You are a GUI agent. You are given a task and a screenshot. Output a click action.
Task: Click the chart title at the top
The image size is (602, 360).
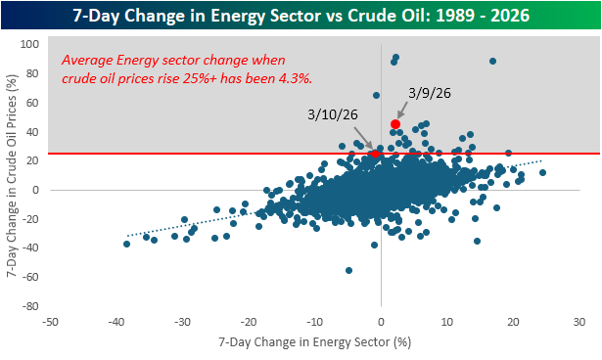pos(301,16)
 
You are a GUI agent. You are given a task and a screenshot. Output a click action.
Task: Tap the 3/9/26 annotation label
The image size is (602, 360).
pos(430,93)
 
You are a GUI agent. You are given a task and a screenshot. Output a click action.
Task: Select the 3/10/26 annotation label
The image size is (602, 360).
pos(333,114)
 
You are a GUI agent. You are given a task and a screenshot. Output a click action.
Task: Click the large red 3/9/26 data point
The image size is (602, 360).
pos(395,124)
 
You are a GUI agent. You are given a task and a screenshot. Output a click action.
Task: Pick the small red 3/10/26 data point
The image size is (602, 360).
pos(376,154)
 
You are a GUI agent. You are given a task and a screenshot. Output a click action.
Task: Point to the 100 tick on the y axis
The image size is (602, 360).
pos(29,44)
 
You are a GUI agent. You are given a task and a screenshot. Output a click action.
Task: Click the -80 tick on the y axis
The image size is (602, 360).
pos(31,306)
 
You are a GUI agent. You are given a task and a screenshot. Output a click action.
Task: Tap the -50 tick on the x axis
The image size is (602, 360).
pos(50,322)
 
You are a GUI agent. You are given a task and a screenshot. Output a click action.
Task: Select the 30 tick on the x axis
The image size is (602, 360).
pos(579,322)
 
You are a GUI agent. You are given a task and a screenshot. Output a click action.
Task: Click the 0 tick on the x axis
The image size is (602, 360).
pos(381,322)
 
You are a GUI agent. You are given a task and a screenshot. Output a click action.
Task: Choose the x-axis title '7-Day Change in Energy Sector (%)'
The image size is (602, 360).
pos(315,341)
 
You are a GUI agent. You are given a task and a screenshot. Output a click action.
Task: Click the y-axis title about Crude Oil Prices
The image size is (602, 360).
pos(13,175)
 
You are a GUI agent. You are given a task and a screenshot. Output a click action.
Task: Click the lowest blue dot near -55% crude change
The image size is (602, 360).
pos(348,271)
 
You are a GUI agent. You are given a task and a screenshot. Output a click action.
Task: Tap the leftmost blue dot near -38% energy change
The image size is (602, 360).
pos(126,245)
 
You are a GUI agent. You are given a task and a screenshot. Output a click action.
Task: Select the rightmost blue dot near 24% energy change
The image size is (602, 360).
pos(542,173)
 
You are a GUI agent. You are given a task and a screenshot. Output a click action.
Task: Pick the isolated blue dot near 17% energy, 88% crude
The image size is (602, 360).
pos(492,62)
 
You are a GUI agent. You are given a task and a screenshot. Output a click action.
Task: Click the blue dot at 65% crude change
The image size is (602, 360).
pos(376,95)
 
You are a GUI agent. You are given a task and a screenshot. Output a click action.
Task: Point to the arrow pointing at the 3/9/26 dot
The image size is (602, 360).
pos(402,111)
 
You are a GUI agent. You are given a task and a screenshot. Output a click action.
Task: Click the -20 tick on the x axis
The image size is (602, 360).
pos(248,322)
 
